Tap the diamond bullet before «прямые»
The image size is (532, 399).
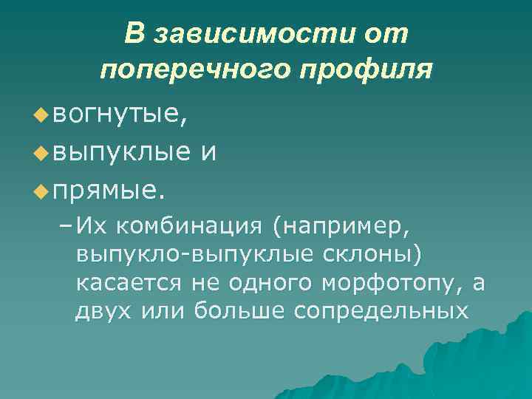(x=41, y=194)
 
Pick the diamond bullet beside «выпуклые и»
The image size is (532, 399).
(x=41, y=154)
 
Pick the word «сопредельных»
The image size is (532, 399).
(x=381, y=312)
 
